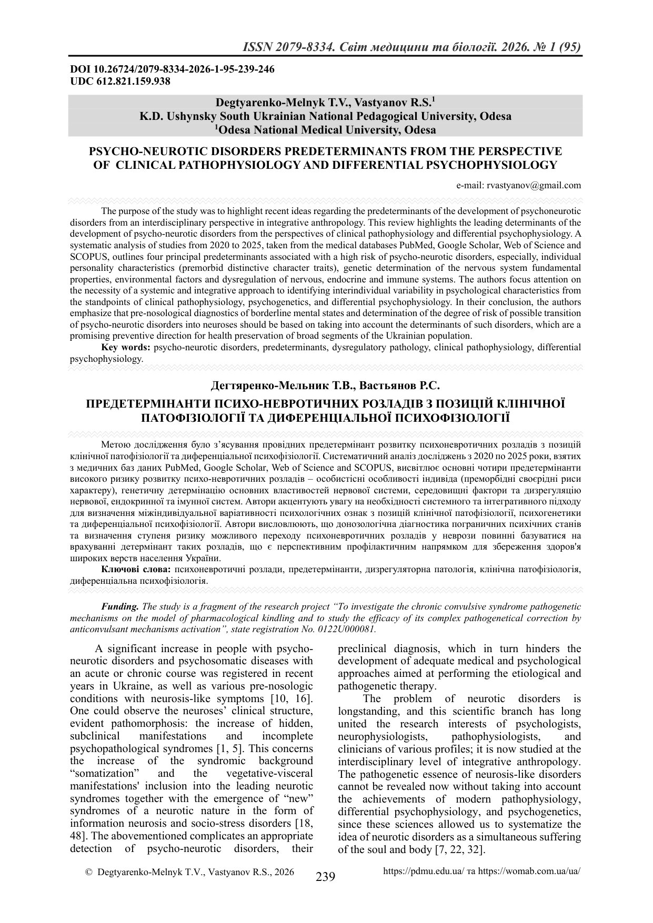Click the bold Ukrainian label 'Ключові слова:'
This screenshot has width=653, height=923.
136,570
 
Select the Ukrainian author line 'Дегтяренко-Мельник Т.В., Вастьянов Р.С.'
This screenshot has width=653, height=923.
325,386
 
